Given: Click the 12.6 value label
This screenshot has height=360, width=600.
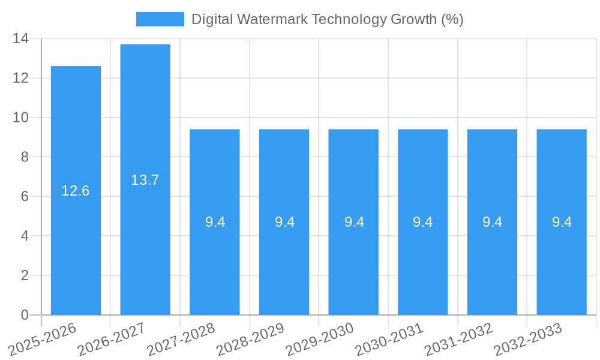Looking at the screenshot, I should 76,191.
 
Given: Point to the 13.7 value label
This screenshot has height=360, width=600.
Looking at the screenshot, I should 145,180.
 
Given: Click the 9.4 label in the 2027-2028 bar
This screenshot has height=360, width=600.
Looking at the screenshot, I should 215,222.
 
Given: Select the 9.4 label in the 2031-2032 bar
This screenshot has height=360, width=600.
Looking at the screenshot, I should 492,222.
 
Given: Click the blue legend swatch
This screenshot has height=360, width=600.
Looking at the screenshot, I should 160,19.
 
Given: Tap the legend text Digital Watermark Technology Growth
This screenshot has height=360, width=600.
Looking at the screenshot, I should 327,19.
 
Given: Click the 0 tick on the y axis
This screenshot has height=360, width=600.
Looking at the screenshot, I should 25,315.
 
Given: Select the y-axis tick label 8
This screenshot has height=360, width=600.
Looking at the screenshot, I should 25,157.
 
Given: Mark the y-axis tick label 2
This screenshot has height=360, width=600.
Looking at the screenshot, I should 25,275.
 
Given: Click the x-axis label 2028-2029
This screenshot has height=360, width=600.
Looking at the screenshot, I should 251,339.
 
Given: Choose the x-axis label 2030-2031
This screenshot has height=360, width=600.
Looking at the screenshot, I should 390,339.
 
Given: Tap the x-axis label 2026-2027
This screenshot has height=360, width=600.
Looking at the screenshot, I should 112,339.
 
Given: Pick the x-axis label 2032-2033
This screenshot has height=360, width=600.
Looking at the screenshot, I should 529,339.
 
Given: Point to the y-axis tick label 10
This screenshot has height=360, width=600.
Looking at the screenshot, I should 20,118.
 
